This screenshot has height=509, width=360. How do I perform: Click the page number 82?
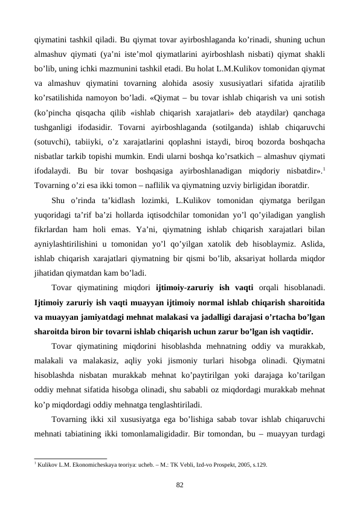(180, 485)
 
